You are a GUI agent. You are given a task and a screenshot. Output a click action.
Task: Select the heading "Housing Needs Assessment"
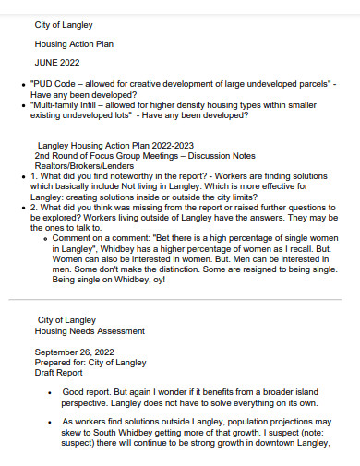[90, 330]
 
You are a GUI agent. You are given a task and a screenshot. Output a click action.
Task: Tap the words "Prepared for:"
[62, 363]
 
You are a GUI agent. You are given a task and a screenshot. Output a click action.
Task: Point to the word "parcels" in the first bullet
[307, 84]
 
